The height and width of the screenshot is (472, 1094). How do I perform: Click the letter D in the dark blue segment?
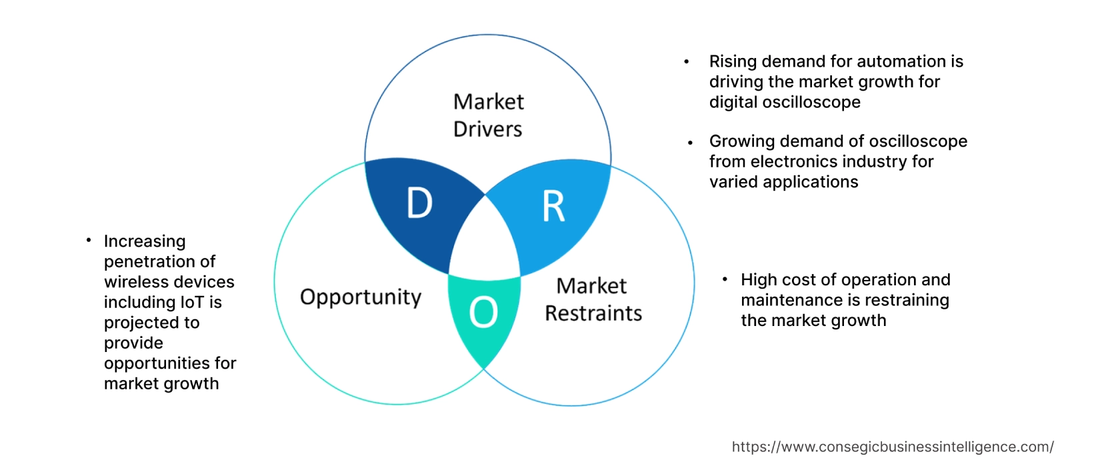click(419, 203)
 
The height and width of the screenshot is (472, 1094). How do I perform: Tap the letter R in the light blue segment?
click(553, 207)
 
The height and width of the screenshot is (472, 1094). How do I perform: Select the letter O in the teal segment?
click(483, 312)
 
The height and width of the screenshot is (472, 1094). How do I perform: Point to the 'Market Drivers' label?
click(488, 115)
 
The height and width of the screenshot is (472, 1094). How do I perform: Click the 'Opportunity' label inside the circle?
click(361, 297)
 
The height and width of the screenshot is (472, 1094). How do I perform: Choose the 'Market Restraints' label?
click(593, 299)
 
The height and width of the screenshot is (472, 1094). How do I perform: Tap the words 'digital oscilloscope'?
click(785, 102)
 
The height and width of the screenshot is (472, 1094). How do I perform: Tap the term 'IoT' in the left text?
click(192, 303)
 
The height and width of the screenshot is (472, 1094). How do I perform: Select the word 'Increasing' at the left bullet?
click(145, 241)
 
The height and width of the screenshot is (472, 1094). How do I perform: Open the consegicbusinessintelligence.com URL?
click(893, 447)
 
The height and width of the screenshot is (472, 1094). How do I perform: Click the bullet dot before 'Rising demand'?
click(686, 62)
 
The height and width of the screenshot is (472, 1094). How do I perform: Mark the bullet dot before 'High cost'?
click(725, 279)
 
